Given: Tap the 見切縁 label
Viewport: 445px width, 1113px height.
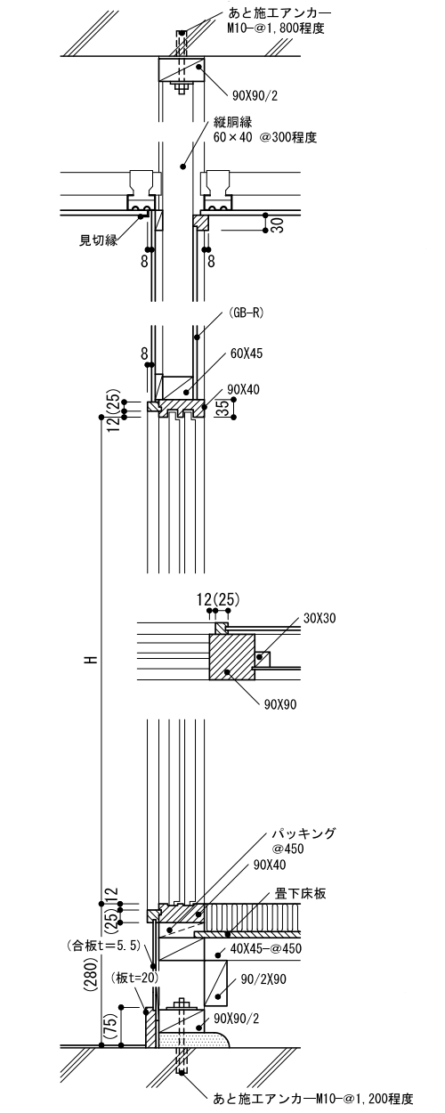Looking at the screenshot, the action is (98, 240).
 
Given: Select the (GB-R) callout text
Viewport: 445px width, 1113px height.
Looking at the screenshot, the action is (246, 313).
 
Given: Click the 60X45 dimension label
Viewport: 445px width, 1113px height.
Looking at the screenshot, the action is (247, 353).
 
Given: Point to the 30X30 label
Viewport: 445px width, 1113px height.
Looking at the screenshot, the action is (320, 618).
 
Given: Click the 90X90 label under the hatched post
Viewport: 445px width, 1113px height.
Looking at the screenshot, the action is (280, 704).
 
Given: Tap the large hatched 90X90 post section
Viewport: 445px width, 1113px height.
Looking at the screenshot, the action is (232, 656).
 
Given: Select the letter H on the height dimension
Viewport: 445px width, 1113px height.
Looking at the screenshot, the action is (90, 660).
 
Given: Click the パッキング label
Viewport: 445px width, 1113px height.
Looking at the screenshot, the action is (303, 833).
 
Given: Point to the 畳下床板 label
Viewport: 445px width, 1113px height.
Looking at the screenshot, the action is (301, 893).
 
